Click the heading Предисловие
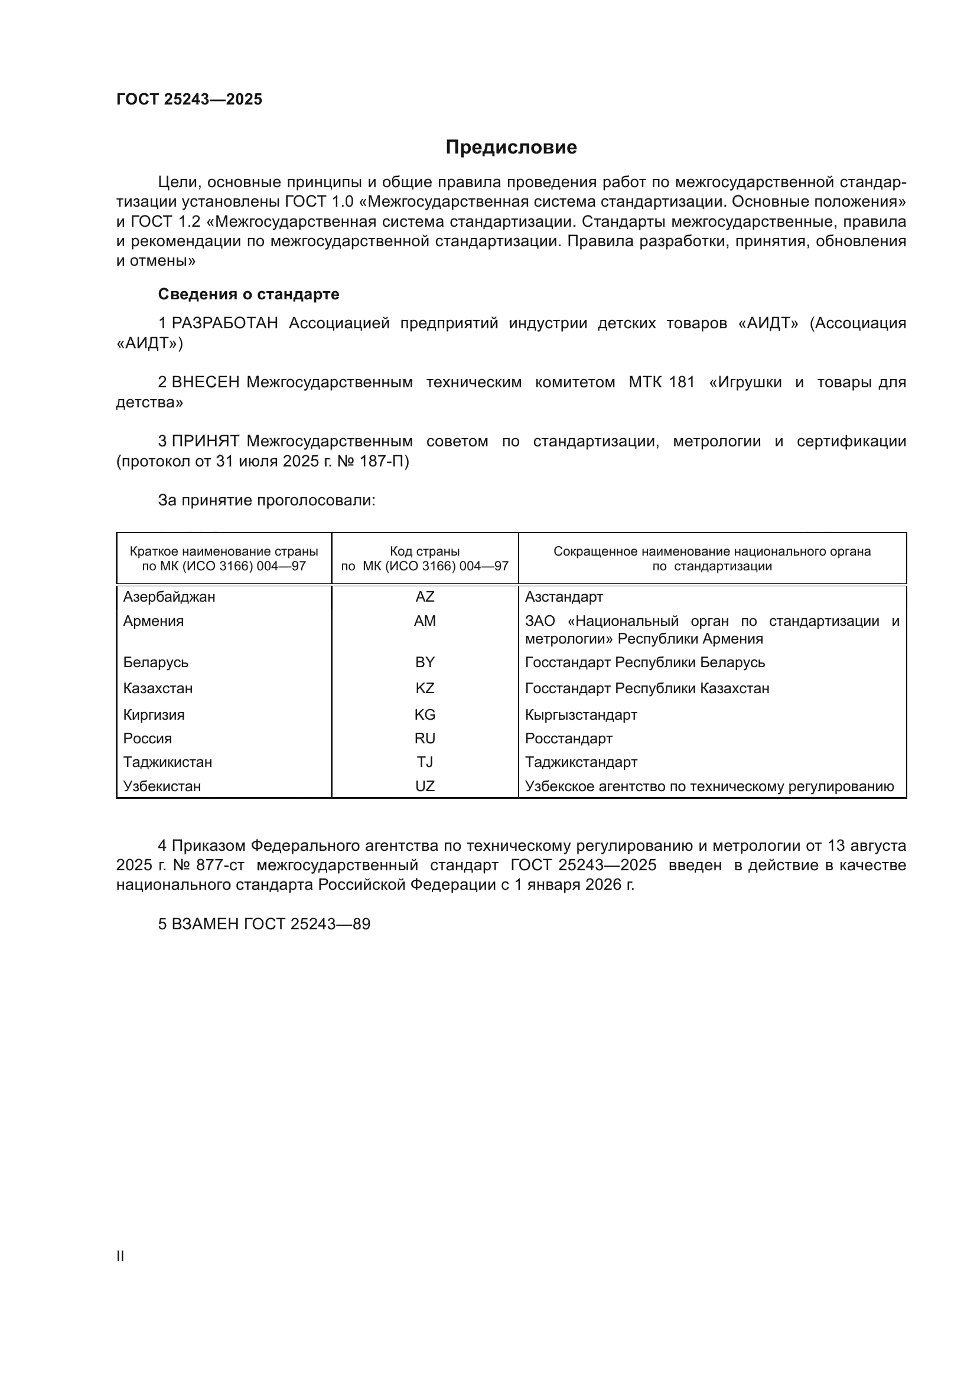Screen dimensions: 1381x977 pos(511,148)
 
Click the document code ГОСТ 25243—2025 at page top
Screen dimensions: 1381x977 pos(189,99)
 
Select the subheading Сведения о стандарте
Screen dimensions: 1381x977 pos(249,294)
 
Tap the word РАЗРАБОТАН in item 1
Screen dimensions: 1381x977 pos(224,324)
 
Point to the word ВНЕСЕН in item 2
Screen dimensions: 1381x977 pos(206,383)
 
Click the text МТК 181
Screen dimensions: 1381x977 pos(661,383)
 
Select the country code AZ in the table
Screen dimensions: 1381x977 pos(425,597)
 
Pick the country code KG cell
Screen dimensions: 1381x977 pos(425,714)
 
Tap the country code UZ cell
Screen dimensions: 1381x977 pos(425,786)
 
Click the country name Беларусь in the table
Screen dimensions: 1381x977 pos(156,662)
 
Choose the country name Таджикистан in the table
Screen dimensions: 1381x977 pos(168,762)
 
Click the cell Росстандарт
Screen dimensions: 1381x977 pos(568,738)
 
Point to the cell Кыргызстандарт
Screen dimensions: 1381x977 pos(581,714)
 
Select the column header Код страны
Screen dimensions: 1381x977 pos(425,551)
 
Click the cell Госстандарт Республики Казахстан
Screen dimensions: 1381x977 pos(647,688)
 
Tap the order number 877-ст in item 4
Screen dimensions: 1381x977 pos(220,866)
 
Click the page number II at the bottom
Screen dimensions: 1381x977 pos(121,1256)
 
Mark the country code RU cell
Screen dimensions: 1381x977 pos(425,738)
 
